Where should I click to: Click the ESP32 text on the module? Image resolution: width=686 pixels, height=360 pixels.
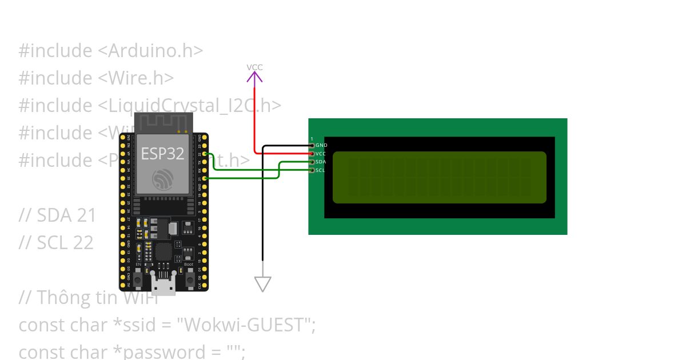[x=163, y=154]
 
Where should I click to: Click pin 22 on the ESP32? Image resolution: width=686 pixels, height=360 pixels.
[x=205, y=154]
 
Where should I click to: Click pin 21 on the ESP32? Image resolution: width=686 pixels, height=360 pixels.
[x=205, y=178]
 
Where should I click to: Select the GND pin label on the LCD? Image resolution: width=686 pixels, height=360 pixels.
[x=321, y=146]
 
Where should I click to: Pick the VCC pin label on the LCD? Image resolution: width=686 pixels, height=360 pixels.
[x=321, y=154]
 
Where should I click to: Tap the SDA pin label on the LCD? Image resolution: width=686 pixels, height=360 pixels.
[x=321, y=162]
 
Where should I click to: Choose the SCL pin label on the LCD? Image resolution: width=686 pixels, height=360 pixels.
[x=320, y=170]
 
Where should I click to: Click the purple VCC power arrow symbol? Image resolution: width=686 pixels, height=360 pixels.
[x=254, y=78]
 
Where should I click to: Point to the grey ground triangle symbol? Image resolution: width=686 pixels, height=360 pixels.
[x=262, y=283]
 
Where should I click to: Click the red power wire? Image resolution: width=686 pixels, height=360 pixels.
[x=254, y=120]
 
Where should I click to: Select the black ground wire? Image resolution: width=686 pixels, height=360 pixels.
[x=262, y=217]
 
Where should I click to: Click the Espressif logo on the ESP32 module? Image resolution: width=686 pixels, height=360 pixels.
[x=163, y=179]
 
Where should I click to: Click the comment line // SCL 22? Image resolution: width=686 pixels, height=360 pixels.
[x=56, y=243]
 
